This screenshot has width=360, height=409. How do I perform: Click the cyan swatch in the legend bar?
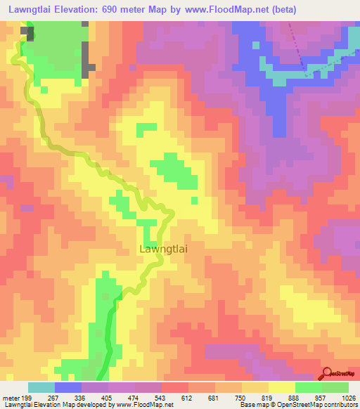pos(41,387)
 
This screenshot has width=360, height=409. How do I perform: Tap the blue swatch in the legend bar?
pos(68,387)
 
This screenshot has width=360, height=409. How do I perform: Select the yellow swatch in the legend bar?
pos(282,387)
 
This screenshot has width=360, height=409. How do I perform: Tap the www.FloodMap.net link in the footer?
pos(138,405)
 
